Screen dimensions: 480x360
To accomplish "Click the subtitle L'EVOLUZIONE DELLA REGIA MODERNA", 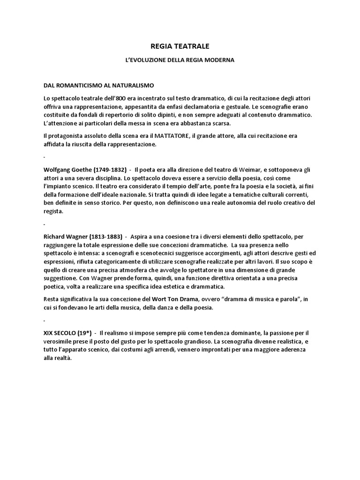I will tap(180, 60).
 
